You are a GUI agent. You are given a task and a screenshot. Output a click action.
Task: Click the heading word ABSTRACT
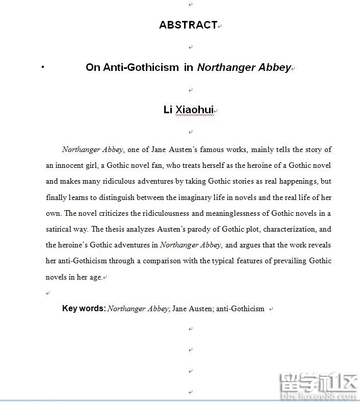pyautogui.click(x=188, y=25)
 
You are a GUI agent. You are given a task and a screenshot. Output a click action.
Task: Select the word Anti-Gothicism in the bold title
pyautogui.click(x=141, y=67)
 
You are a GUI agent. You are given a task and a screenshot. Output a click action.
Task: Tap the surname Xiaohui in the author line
pyautogui.click(x=194, y=110)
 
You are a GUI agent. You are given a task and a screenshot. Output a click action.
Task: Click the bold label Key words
pyautogui.click(x=84, y=308)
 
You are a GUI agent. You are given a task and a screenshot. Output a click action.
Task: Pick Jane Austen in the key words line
pyautogui.click(x=192, y=308)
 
